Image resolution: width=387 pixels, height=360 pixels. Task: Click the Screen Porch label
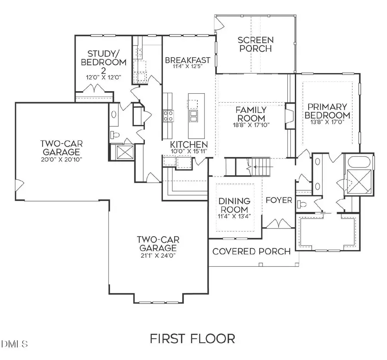tap(255, 44)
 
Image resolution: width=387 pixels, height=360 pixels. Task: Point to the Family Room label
tap(251, 114)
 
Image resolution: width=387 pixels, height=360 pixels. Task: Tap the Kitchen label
tap(189, 145)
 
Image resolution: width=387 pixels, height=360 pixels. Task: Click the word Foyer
tap(279, 200)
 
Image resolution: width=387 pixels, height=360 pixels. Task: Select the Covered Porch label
tap(252, 251)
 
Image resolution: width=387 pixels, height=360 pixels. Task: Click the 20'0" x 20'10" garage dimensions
tap(60, 159)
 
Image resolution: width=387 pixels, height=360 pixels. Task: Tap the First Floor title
tap(192, 339)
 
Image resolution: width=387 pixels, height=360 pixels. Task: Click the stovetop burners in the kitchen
tap(168, 115)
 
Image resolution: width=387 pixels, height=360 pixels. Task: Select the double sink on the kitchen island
tap(194, 115)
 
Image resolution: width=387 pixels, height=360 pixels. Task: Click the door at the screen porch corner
tap(220, 22)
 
